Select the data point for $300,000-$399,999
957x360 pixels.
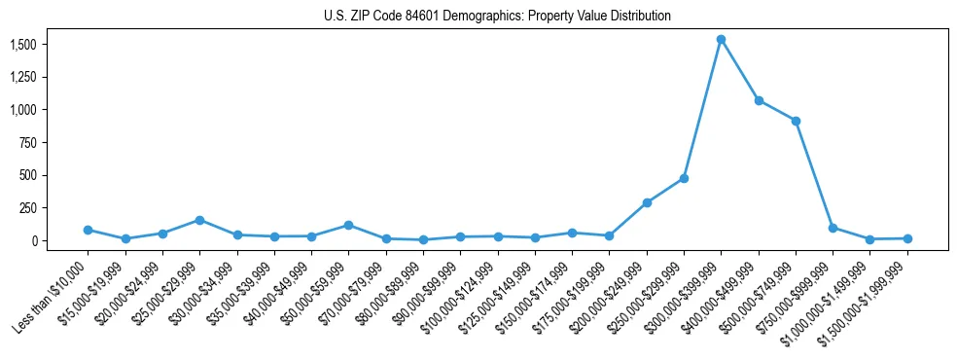pyautogui.click(x=721, y=40)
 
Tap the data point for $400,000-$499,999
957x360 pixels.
pyautogui.click(x=759, y=100)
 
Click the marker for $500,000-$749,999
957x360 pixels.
pyautogui.click(x=796, y=121)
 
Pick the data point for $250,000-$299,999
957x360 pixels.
pyautogui.click(x=684, y=178)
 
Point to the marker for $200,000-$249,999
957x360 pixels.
pyautogui.click(x=647, y=202)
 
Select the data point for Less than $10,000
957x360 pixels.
pyautogui.click(x=88, y=230)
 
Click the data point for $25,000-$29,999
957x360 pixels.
pyautogui.click(x=199, y=220)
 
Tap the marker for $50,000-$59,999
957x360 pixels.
pyautogui.click(x=348, y=225)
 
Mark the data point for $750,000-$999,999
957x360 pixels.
pyautogui.click(x=833, y=228)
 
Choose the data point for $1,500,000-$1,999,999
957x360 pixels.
pyautogui.click(x=907, y=238)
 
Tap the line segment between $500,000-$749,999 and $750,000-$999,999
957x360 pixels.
pyautogui.click(x=814, y=174)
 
